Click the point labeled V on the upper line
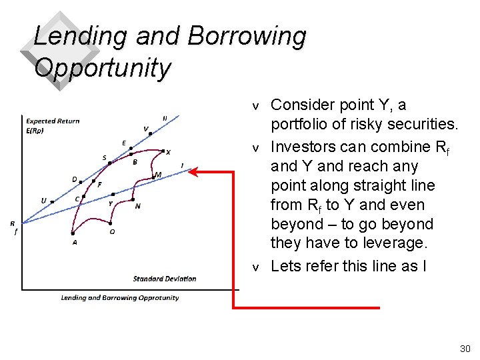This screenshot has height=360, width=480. tap(151, 133)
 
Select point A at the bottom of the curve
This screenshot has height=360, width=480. tap(73, 233)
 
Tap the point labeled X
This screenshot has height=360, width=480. tap(163, 151)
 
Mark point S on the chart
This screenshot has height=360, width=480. tap(110, 162)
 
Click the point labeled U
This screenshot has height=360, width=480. tap(52, 201)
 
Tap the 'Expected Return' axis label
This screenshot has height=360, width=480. tap(52, 121)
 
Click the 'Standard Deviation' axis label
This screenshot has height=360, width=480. tap(165, 279)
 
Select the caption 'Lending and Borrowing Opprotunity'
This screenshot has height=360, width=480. tap(120, 298)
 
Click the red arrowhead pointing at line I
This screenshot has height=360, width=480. tap(193, 172)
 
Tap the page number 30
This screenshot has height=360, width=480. tap(465, 349)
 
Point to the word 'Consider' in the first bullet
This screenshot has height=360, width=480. tap(300, 105)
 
